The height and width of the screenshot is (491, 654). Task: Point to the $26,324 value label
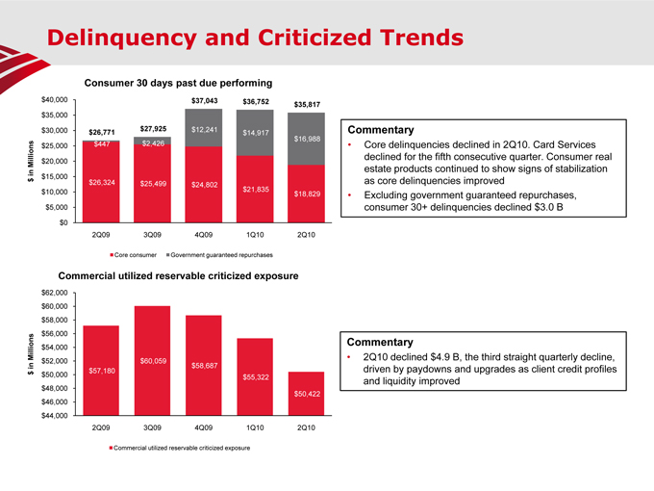click(x=103, y=183)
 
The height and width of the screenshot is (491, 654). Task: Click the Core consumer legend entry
click(x=136, y=254)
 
